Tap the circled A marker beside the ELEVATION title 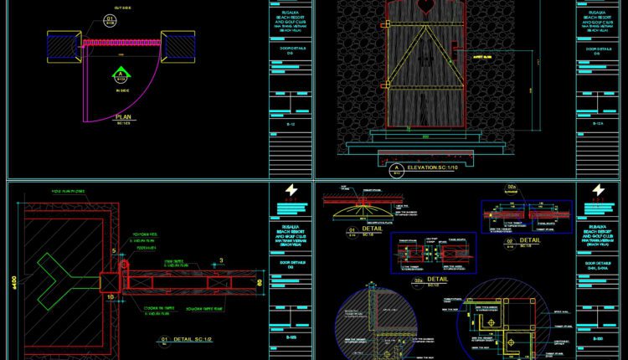pos(396,169)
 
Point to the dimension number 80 pos(260,282)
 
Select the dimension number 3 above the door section pos(220,261)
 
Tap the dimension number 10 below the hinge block pos(110,296)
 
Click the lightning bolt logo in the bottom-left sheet pos(291,191)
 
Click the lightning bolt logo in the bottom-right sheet pos(597,191)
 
